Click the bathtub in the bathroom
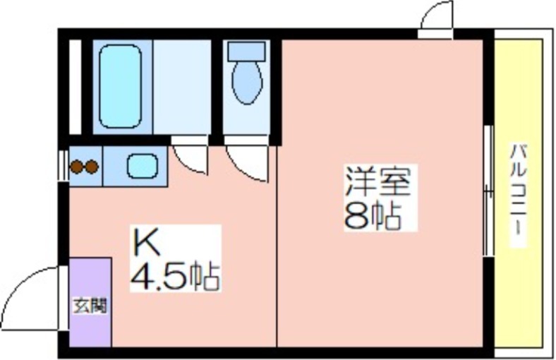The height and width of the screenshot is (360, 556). [x=121, y=86]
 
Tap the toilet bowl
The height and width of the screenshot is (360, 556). [x=247, y=83]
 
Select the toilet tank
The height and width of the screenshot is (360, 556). [x=247, y=52]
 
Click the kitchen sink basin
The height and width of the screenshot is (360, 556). [x=143, y=166]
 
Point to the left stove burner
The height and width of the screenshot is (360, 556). [x=77, y=167]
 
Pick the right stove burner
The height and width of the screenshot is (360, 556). [x=92, y=167]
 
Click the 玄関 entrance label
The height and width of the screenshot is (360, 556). [x=90, y=306]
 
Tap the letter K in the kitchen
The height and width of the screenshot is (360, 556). [x=146, y=242]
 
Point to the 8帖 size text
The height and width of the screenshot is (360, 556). [x=373, y=216]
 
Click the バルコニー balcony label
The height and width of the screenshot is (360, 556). [x=518, y=195]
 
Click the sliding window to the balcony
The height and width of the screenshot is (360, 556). [x=490, y=191]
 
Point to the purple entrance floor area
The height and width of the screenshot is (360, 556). [x=90, y=302]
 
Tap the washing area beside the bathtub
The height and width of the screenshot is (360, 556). [x=182, y=88]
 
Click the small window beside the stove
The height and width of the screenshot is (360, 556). [x=64, y=166]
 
